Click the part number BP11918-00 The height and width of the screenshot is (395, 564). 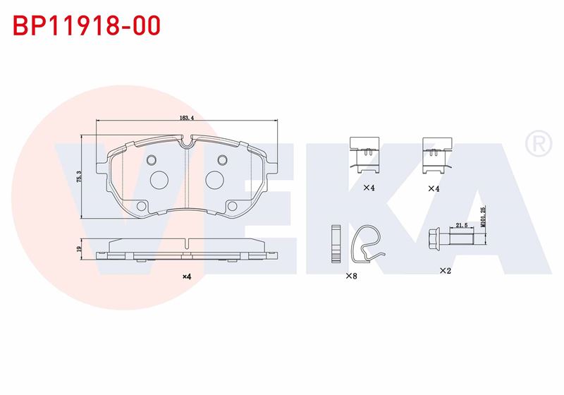tap(86, 25)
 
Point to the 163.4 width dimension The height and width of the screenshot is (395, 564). tap(186, 118)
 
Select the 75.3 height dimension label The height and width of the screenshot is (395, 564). tap(79, 176)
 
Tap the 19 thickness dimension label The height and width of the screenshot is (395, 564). tap(79, 248)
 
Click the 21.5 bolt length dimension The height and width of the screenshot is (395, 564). tap(462, 225)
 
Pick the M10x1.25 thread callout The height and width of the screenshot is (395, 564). tap(483, 217)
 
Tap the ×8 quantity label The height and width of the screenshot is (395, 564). tap(351, 276)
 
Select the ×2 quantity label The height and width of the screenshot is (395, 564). tap(446, 271)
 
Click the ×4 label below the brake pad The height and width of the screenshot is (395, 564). tap(186, 276)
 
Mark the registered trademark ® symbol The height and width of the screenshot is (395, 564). tap(539, 144)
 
